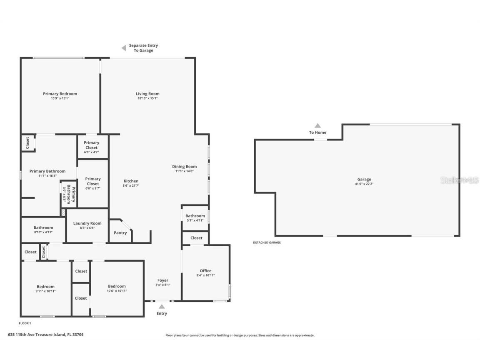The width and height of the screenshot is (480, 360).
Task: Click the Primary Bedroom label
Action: click(x=60, y=94)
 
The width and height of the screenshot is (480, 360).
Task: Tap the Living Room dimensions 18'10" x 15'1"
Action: click(x=147, y=99)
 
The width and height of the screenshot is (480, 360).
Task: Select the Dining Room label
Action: click(x=184, y=167)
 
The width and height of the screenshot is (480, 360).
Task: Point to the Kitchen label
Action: click(x=131, y=181)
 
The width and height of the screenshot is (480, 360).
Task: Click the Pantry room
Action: click(x=120, y=233)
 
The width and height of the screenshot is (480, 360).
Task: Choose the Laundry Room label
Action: click(x=87, y=223)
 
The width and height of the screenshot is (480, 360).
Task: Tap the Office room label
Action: click(x=205, y=271)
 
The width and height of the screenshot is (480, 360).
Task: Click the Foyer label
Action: click(x=162, y=280)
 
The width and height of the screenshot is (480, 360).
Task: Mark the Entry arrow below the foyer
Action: click(x=162, y=307)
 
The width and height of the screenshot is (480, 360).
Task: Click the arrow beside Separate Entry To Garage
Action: click(x=124, y=48)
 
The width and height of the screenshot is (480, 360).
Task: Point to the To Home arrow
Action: click(x=317, y=125)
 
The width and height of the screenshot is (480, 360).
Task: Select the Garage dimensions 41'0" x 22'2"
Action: click(x=364, y=184)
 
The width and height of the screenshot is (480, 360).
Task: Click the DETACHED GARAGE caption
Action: click(x=267, y=242)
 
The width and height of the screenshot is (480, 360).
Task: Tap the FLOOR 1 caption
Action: click(x=25, y=323)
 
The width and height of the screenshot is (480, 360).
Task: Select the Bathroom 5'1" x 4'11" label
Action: click(x=195, y=216)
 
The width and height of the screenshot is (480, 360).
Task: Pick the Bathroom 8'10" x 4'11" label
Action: click(x=43, y=228)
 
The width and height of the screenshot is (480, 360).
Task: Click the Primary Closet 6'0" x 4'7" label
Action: click(x=92, y=145)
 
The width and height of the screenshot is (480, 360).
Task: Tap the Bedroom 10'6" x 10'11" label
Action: click(x=117, y=286)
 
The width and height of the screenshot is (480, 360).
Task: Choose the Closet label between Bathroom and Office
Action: click(x=196, y=238)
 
